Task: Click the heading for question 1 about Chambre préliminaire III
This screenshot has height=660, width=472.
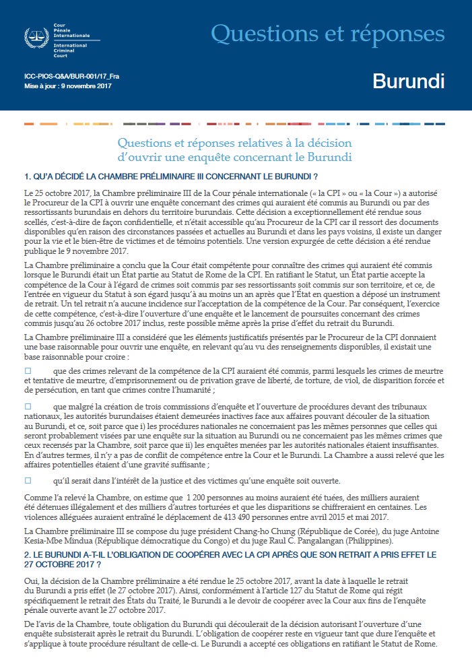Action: (x=170, y=176)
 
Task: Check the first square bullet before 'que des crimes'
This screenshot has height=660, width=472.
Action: (x=28, y=371)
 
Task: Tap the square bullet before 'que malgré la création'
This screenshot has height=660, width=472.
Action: (x=28, y=406)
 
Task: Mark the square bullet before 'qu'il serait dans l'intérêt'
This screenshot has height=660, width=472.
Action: (x=28, y=480)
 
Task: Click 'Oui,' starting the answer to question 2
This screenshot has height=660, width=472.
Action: (x=32, y=579)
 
